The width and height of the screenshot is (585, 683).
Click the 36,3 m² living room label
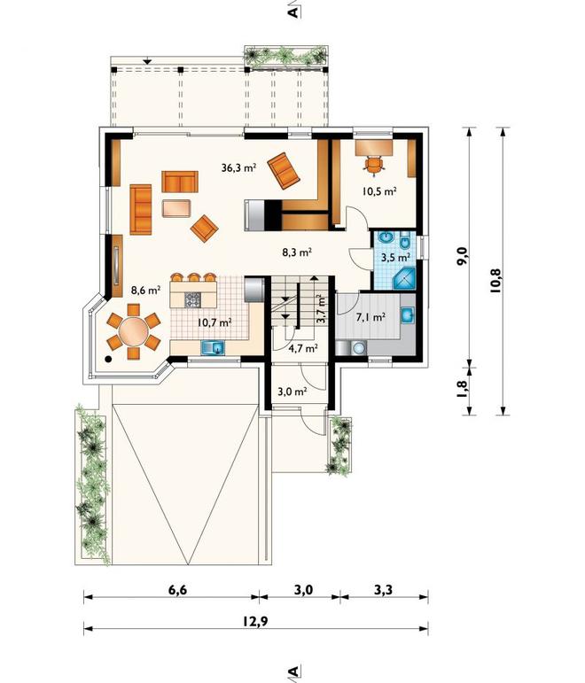[x=238, y=167]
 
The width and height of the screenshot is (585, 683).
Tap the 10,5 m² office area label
[x=379, y=190]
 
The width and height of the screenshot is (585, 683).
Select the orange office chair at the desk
[x=374, y=165]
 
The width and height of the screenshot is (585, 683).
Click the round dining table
[x=134, y=331]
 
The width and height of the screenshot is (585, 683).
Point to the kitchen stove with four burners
[x=193, y=299]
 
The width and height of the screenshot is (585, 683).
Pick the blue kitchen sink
[x=213, y=347]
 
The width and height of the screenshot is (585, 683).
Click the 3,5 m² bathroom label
[x=396, y=258]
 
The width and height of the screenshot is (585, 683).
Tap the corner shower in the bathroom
[x=404, y=279]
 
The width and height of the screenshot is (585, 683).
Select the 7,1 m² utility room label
[x=370, y=317]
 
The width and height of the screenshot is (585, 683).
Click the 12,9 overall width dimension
[x=255, y=621]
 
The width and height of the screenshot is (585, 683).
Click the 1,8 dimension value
[x=463, y=389]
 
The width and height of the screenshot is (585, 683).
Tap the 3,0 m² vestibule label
[x=292, y=392]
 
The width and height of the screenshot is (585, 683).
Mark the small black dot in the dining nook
[x=108, y=359]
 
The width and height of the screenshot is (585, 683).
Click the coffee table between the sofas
[x=176, y=208]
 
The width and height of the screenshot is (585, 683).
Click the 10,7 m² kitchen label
[x=214, y=322]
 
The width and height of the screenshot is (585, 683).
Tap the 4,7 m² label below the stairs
[x=302, y=348]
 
